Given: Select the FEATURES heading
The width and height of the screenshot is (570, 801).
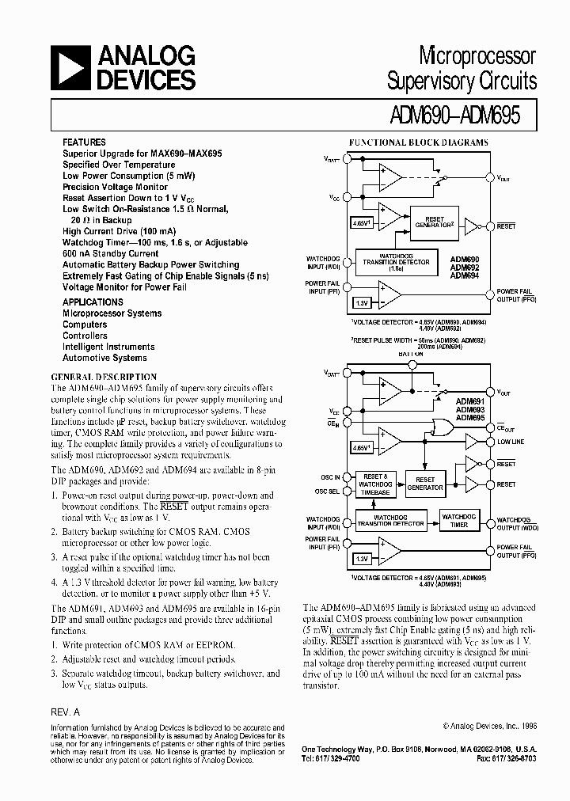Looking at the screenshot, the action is click(85, 142).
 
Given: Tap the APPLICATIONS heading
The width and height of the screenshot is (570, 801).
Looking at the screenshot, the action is click(93, 302).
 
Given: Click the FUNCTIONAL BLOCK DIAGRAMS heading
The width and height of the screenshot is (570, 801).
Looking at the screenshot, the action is click(419, 143).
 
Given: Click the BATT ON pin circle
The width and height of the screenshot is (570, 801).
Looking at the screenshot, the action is click(411, 365).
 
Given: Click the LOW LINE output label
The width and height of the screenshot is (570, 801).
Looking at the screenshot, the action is click(511, 442).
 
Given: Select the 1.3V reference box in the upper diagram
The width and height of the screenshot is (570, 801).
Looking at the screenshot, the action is click(362, 302).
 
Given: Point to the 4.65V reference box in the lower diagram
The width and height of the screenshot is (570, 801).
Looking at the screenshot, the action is click(362, 448).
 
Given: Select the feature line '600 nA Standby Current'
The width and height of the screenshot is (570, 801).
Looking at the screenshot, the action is click(111, 253).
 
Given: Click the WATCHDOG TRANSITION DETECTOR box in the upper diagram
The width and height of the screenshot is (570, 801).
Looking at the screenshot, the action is click(397, 262).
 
